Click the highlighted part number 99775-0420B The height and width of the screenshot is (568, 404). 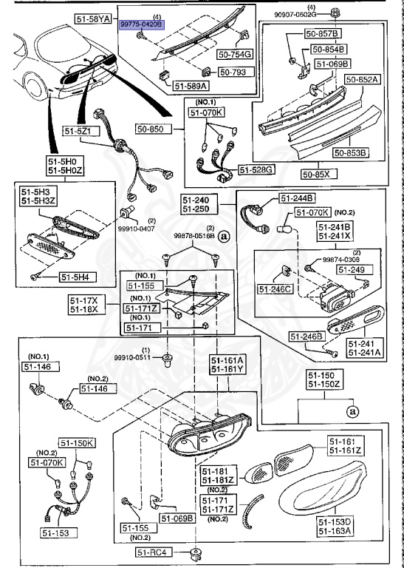click(143, 24)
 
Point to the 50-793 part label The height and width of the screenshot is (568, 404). click(235, 72)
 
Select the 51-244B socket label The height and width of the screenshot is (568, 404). click(297, 198)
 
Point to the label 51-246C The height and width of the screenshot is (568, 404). click(275, 288)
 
